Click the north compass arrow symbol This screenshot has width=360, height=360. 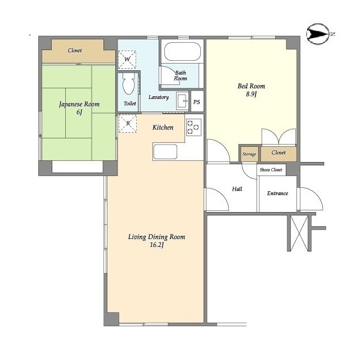point(318,34)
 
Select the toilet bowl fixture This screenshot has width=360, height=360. point(128,84)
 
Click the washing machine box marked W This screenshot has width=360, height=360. point(127,60)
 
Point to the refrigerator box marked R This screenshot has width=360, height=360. point(128,124)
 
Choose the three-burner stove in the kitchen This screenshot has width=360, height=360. point(193,127)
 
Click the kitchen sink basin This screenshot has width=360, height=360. point(165,152)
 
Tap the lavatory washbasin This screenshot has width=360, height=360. point(182,101)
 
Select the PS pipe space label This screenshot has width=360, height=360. point(196,102)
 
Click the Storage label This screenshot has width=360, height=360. point(249,154)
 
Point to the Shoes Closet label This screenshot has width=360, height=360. point(271,170)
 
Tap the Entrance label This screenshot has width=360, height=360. point(277,193)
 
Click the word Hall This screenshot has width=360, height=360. point(237,189)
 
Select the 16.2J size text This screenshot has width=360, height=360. point(157,245)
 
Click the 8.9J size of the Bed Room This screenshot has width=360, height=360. point(251,94)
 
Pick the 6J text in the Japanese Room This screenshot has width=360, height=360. point(79,112)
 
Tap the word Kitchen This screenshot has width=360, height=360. point(163,128)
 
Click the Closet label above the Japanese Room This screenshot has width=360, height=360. point(75,50)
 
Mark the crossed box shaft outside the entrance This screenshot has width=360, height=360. point(299,233)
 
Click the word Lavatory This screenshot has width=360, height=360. point(159,97)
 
